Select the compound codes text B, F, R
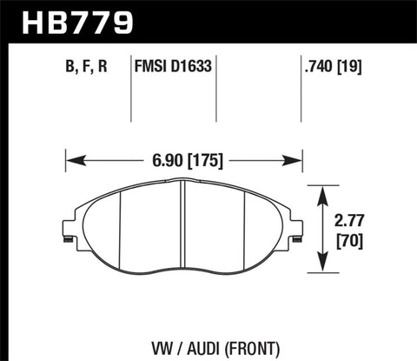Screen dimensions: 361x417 tap(89, 64)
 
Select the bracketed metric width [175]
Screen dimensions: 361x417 tap(204, 160)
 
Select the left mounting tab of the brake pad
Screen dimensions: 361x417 tap(67, 230)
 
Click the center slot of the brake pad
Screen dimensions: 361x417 tap(183, 222)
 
